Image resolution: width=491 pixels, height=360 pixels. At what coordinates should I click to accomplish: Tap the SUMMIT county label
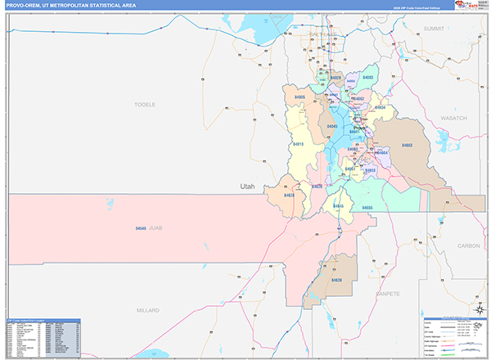tap(433, 28)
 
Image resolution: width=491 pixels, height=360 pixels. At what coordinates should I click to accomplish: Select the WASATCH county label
tap(453, 119)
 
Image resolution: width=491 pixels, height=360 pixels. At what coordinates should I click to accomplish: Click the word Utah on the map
tap(247, 187)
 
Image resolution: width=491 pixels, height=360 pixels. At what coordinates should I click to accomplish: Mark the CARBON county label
tap(469, 245)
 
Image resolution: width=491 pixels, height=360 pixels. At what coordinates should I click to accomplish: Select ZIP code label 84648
tap(141, 228)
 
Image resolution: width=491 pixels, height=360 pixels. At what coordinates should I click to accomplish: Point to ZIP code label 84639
tap(336, 280)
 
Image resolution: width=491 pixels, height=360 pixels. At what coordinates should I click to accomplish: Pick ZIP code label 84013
tap(299, 144)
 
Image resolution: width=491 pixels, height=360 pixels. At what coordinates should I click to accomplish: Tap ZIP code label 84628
tap(289, 196)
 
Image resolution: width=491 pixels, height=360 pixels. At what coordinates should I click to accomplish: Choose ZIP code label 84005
tap(300, 97)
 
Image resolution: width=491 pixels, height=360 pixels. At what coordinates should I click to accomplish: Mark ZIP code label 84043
tap(331, 126)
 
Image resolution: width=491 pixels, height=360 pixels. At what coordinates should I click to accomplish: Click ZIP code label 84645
tap(338, 205)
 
